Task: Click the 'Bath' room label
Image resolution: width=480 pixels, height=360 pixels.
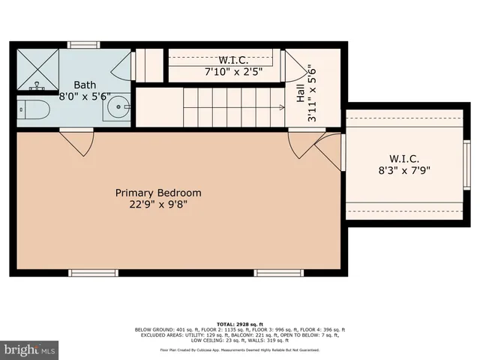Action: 83,86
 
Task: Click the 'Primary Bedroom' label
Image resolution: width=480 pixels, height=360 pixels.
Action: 157,193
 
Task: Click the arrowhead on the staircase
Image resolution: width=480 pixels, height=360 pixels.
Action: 281,107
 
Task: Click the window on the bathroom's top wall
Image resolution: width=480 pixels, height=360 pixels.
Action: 84,45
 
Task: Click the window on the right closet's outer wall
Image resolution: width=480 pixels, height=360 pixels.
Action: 467,164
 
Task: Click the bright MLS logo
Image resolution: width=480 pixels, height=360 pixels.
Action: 30,349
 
